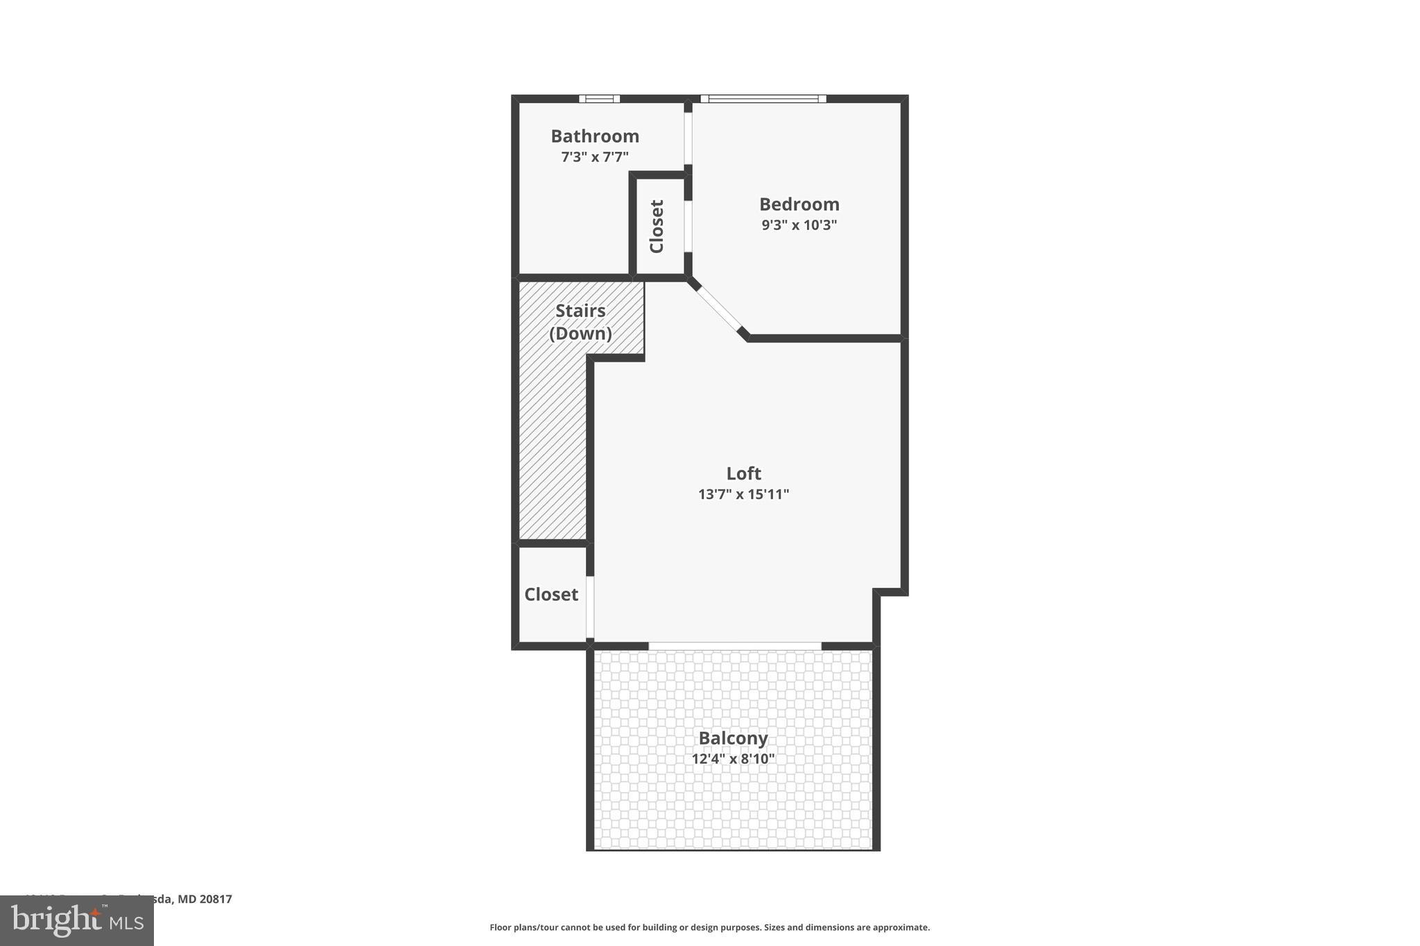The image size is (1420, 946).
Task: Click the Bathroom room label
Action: coord(595,136)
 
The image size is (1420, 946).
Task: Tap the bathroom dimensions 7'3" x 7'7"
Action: coord(595,157)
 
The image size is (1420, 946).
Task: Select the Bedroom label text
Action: coord(799,204)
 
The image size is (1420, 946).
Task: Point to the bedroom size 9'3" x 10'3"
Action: coord(799,225)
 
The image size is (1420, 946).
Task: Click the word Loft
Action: coord(743,473)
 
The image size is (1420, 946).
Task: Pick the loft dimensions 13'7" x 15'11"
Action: coord(743,494)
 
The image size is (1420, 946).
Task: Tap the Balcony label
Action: coord(733,738)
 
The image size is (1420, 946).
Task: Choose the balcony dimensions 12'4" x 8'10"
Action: coord(733,759)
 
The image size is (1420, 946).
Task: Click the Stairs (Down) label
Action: coord(580,322)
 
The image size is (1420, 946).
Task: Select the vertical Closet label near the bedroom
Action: coord(657,226)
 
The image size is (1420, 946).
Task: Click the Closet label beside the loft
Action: coord(551,595)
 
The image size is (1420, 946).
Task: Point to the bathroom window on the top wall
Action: coord(600,98)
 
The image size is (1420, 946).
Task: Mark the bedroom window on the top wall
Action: coord(763,98)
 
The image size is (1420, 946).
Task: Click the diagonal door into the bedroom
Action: coord(718,308)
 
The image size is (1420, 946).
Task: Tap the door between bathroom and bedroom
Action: coord(688,138)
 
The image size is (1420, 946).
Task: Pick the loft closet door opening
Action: coord(590,607)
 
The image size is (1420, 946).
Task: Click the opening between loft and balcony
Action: coord(735,646)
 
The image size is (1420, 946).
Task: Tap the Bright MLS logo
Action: coord(77,920)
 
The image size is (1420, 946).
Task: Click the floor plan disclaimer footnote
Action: coord(709,927)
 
